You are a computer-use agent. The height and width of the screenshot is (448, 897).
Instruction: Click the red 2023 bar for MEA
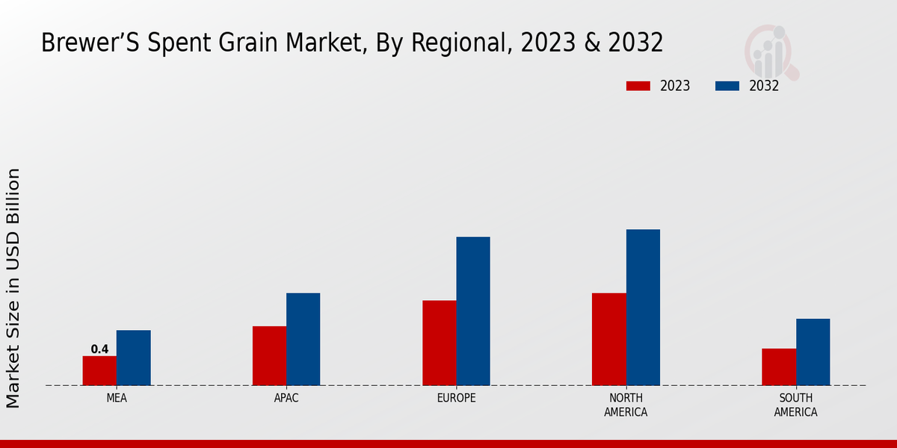pyautogui.click(x=99, y=370)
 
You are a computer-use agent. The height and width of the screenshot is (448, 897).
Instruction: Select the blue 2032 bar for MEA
pyautogui.click(x=133, y=358)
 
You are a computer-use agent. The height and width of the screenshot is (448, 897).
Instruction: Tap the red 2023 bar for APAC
pyautogui.click(x=269, y=355)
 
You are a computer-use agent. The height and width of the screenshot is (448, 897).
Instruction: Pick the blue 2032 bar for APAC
pyautogui.click(x=303, y=339)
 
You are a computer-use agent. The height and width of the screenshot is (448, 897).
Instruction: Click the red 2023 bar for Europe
pyautogui.click(x=439, y=343)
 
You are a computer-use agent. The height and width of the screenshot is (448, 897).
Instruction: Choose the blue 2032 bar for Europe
pyautogui.click(x=473, y=311)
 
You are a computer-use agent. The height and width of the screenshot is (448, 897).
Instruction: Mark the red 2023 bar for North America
pyautogui.click(x=608, y=339)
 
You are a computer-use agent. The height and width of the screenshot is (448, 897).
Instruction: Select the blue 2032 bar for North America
pyautogui.click(x=643, y=307)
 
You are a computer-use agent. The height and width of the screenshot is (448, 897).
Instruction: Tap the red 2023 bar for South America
pyautogui.click(x=778, y=367)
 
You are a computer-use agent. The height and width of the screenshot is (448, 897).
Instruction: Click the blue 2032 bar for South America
pyautogui.click(x=813, y=352)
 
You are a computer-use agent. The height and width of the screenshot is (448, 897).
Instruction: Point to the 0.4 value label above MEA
pyautogui.click(x=99, y=349)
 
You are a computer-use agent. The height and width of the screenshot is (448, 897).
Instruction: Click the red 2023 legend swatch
pyautogui.click(x=638, y=86)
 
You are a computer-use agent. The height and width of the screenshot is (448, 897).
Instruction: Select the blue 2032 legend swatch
pyautogui.click(x=727, y=86)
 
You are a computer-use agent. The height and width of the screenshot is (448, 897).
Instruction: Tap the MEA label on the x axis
pyautogui.click(x=117, y=398)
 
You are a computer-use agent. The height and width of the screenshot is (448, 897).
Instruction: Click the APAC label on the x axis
pyautogui.click(x=286, y=398)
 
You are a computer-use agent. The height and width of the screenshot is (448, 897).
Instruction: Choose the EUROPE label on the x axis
pyautogui.click(x=456, y=398)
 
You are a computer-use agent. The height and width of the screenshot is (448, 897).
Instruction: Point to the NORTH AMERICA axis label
pyautogui.click(x=626, y=405)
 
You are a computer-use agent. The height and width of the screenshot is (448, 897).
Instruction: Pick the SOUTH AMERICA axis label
pyautogui.click(x=795, y=405)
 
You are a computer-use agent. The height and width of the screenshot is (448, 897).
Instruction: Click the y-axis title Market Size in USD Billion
pyautogui.click(x=13, y=287)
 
